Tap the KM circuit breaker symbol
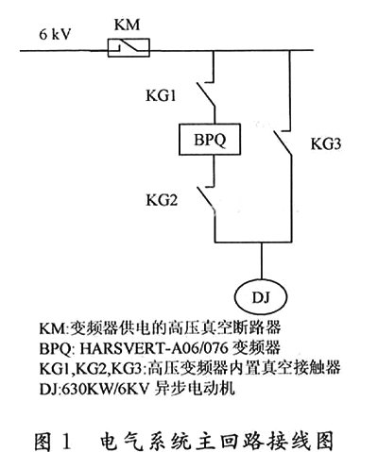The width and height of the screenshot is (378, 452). [x=129, y=47]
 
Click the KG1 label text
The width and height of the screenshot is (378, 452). [x=161, y=95]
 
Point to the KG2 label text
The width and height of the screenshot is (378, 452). [x=162, y=200]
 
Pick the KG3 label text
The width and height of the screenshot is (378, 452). [x=326, y=143]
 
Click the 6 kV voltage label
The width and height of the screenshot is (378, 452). [x=55, y=34]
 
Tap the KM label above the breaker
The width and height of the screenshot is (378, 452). [x=127, y=25]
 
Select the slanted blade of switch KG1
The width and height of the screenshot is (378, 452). [x=206, y=94]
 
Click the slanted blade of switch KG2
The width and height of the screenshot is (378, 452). [x=206, y=199]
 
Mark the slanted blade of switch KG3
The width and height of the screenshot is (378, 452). [x=283, y=143]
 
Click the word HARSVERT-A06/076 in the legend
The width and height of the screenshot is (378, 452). [x=154, y=348]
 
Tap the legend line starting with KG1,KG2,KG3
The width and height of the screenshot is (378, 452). [x=190, y=368]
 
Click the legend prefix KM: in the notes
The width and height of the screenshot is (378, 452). [x=54, y=328]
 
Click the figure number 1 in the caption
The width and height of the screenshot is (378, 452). [x=66, y=441]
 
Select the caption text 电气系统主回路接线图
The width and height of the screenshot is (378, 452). [x=217, y=441]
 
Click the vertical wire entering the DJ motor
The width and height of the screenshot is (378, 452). [x=261, y=260]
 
